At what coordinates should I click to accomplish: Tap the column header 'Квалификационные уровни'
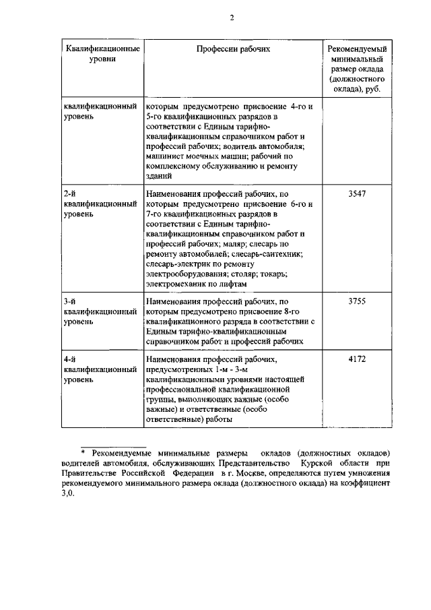(102, 54)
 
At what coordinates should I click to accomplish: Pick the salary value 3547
(357, 193)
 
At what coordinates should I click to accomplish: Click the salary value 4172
(357, 359)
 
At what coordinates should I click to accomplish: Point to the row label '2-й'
(69, 193)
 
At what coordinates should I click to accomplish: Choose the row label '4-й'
(69, 359)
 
